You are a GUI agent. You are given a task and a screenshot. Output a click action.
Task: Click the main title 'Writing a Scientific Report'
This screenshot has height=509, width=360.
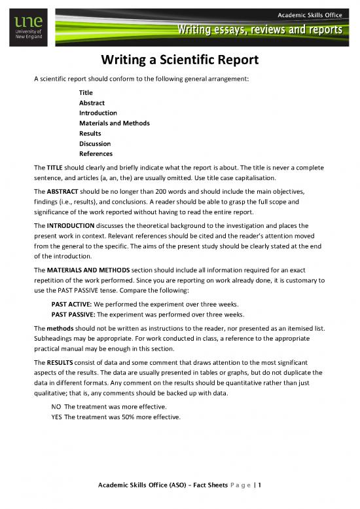pos(180,60)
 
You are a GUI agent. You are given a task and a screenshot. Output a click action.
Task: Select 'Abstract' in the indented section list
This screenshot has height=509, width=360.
pos(92,103)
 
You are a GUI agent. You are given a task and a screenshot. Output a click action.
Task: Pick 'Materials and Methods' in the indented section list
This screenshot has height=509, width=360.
pos(115,123)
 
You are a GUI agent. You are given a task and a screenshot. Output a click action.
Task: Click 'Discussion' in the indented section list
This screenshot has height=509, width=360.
pos(95,143)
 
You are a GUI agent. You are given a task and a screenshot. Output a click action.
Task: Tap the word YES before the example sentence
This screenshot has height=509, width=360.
pos(57,417)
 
